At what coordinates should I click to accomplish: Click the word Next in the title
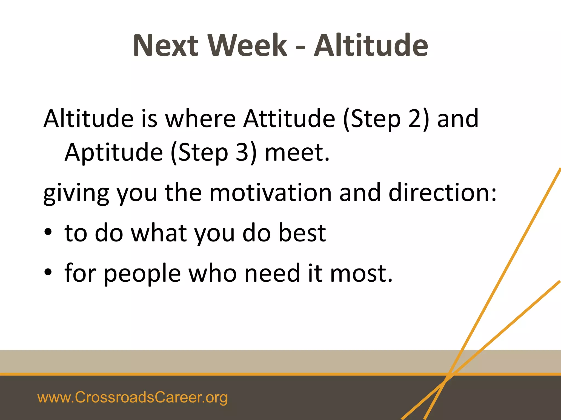(x=165, y=45)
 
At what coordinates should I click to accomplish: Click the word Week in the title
(x=247, y=45)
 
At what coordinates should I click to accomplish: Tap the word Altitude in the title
(x=371, y=45)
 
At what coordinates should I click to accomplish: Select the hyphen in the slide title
(x=300, y=47)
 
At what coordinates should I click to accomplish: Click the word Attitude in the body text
(x=289, y=119)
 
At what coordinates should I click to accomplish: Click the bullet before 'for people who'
(x=48, y=272)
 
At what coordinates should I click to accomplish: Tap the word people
(x=142, y=274)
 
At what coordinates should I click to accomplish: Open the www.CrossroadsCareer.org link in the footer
(x=132, y=397)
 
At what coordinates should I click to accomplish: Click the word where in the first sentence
(x=200, y=119)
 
